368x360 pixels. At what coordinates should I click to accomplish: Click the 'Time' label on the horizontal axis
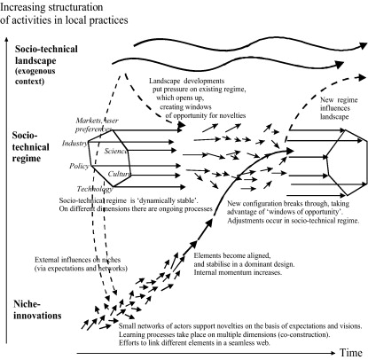click(350, 353)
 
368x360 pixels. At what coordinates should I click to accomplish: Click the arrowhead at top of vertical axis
click(5, 41)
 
